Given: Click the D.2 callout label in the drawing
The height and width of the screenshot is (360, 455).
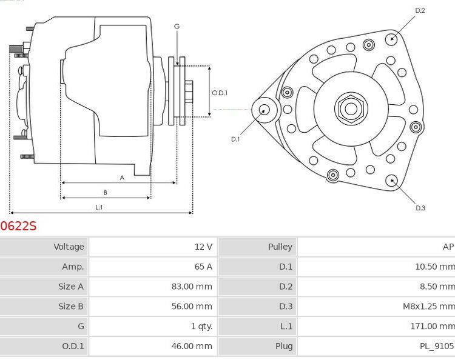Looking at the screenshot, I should click(x=420, y=10).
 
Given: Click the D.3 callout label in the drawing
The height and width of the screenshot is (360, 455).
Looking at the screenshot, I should click(x=420, y=208).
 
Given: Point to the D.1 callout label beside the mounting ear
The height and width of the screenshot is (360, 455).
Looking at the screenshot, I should click(x=235, y=139).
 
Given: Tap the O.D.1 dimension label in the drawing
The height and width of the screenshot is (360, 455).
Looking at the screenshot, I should click(x=220, y=93).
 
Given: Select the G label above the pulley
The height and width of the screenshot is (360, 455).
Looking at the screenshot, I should click(x=177, y=27).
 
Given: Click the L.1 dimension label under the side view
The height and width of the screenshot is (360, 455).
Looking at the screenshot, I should click(x=99, y=207).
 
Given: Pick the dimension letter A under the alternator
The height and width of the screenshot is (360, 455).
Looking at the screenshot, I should click(x=122, y=178).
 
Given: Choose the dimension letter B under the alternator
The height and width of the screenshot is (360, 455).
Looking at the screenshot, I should click(x=105, y=192).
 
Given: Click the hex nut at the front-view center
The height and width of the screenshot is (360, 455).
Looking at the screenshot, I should click(x=350, y=108).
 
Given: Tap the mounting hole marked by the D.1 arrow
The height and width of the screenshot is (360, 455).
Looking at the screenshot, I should click(x=265, y=110).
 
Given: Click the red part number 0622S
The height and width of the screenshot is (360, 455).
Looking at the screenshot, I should click(x=18, y=226).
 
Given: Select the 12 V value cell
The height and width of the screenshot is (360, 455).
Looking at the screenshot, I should click(x=203, y=247).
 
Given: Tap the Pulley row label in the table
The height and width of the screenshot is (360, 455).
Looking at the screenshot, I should click(x=280, y=247).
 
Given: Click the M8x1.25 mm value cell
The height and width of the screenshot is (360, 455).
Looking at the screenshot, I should click(x=428, y=307).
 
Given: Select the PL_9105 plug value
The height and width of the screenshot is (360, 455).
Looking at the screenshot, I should click(x=436, y=347).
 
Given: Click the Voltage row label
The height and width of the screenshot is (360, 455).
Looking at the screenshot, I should click(x=69, y=247).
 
